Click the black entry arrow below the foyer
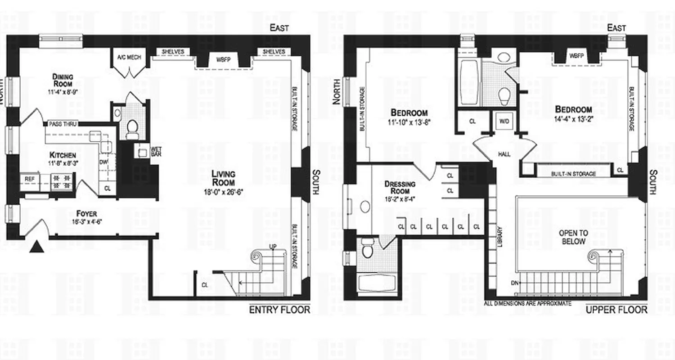tap(36, 247)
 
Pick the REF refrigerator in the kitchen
tap(29, 179)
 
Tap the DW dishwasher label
tap(103, 161)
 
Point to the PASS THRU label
tap(63, 123)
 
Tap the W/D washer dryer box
tap(503, 121)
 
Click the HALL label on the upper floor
tap(504, 154)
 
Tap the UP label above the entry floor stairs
tap(272, 246)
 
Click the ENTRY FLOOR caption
tap(279, 310)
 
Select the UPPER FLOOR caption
tap(617, 310)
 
